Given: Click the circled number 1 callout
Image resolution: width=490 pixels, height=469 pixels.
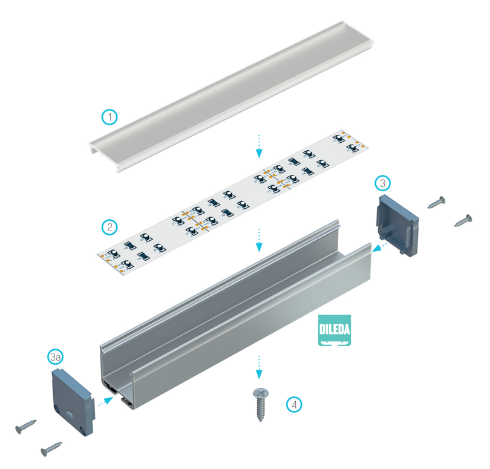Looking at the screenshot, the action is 109,117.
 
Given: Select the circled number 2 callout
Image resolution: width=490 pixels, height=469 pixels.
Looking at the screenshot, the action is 109,227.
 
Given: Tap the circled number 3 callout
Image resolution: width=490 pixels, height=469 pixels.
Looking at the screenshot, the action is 382,183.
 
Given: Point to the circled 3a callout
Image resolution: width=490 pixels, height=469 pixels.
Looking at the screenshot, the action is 56,357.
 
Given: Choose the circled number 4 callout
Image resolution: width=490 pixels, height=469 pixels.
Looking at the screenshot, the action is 294,405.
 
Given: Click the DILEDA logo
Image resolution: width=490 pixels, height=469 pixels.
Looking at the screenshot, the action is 335,330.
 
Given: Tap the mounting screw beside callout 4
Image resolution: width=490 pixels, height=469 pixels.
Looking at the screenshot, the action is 260,404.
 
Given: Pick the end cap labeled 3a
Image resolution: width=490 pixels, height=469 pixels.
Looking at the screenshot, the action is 73,402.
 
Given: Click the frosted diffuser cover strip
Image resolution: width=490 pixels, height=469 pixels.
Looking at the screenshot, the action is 231,97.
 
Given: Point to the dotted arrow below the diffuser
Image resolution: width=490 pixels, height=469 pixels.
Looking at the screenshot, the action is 259,146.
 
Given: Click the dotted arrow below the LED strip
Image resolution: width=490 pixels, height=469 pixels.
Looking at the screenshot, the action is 259,240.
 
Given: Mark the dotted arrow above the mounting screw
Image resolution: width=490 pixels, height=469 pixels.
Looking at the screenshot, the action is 259,367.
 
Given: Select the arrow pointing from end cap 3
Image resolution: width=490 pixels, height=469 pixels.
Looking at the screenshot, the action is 380,247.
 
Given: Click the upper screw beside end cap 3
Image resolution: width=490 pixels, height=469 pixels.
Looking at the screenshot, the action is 437,202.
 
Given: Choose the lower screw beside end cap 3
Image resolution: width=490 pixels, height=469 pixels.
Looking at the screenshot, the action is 463,220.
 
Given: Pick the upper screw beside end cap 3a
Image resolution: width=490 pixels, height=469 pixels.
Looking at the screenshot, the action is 25,427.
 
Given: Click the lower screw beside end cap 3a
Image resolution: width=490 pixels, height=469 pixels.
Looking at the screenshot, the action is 51,449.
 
